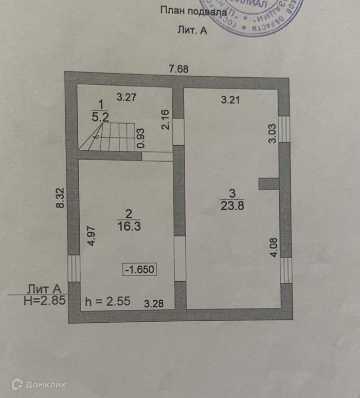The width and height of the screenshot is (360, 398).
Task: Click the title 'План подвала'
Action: (193, 10)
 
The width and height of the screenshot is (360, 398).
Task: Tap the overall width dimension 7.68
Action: (178, 68)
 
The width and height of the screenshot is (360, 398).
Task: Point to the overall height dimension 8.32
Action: (60, 198)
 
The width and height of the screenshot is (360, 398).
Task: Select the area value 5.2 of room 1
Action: (100, 117)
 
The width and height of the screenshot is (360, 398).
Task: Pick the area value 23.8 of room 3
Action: (232, 204)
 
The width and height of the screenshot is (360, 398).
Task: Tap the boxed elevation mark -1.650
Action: (139, 269)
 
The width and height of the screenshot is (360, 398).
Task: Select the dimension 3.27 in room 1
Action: (126, 97)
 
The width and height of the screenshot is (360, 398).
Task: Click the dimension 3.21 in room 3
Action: (231, 100)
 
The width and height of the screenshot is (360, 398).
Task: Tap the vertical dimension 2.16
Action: (165, 119)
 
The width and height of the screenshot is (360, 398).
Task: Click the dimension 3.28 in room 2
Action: (154, 303)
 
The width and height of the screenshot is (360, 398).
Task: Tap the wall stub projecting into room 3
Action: (268, 184)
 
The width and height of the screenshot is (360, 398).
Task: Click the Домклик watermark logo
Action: (39, 384)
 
